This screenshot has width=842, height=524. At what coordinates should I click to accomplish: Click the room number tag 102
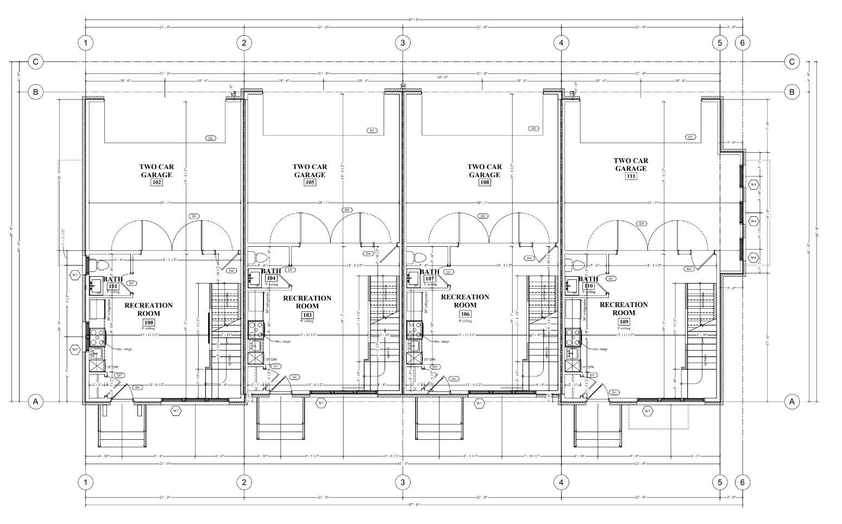(156, 183)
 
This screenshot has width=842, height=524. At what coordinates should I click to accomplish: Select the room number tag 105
(310, 183)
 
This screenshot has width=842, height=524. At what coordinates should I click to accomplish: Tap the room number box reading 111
(631, 176)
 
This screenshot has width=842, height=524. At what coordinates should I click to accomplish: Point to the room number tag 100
(149, 322)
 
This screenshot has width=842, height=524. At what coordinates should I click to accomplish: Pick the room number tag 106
(465, 314)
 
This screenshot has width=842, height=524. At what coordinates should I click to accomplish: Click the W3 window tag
(75, 275)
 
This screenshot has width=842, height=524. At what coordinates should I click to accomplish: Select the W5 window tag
(75, 350)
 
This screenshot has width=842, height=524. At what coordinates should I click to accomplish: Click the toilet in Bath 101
(102, 266)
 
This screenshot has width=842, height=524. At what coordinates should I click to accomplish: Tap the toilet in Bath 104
(261, 258)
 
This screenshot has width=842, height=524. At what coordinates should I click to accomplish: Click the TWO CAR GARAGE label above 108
(485, 171)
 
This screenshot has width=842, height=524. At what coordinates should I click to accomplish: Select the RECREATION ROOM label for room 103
(307, 302)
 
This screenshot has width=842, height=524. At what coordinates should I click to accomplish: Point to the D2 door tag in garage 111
(690, 137)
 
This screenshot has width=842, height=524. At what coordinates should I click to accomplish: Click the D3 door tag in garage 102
(193, 216)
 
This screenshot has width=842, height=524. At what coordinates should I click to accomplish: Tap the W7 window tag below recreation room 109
(648, 411)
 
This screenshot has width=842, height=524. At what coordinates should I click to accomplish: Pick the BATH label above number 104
(271, 271)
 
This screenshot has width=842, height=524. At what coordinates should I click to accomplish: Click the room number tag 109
(623, 321)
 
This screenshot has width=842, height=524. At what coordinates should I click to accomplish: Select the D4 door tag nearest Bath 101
(231, 270)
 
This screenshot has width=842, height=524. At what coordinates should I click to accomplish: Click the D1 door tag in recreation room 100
(137, 387)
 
